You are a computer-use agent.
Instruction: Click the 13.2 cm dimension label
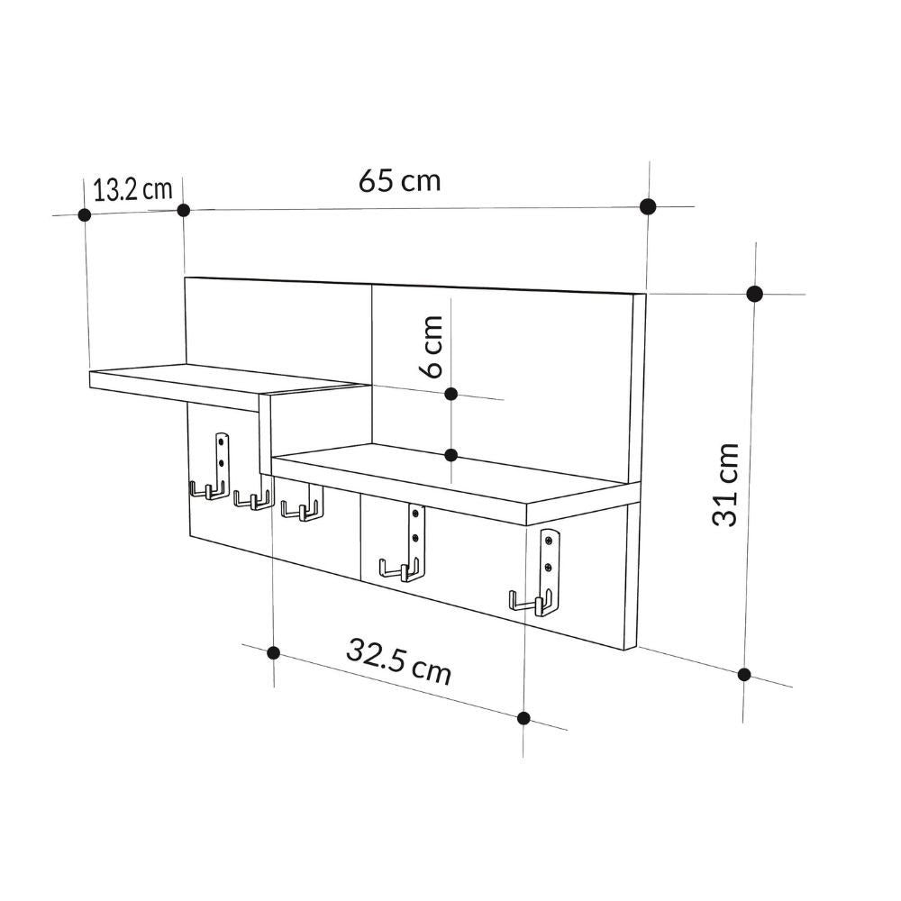132,189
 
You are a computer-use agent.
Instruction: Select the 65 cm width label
400,180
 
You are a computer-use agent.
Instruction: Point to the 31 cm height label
726,484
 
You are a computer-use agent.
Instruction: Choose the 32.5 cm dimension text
398,661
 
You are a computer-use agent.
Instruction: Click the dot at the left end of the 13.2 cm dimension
85,214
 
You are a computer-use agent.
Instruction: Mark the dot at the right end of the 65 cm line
647,206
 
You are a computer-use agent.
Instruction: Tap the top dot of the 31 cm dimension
755,293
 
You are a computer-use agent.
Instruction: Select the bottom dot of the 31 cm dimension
744,674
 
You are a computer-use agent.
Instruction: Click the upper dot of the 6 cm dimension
452,394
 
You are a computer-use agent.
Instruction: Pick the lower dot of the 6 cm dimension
452,455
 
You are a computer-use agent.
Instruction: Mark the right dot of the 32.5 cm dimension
524,717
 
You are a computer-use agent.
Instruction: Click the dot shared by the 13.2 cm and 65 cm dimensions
183,210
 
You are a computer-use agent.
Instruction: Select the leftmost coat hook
206,491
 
